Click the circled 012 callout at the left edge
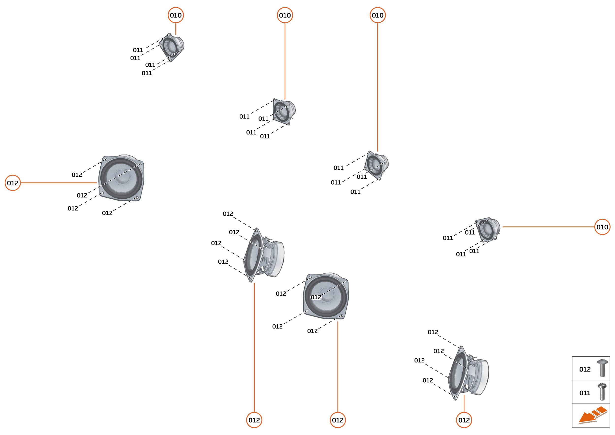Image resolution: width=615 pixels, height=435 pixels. [x=13, y=183]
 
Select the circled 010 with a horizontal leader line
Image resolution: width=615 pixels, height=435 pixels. [x=602, y=227]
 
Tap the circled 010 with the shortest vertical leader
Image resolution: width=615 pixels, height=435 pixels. [x=176, y=15]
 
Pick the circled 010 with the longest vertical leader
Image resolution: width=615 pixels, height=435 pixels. [x=378, y=15]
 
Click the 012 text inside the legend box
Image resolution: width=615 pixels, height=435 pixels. [x=585, y=369]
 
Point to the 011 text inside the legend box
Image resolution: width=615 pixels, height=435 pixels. [x=585, y=393]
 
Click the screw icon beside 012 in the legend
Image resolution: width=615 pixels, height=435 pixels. [x=602, y=368]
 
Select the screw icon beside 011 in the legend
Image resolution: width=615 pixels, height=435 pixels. [x=602, y=392]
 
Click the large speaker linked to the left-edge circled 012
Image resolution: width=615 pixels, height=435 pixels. [x=121, y=178]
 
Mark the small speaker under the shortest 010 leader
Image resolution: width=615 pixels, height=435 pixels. [x=172, y=47]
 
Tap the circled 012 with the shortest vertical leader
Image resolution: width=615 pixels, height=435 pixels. [x=464, y=420]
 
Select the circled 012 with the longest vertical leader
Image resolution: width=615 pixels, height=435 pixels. [x=254, y=420]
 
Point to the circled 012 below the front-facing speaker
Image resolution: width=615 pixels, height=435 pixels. [x=338, y=420]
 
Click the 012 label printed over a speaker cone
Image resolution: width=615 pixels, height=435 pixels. [x=316, y=297]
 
